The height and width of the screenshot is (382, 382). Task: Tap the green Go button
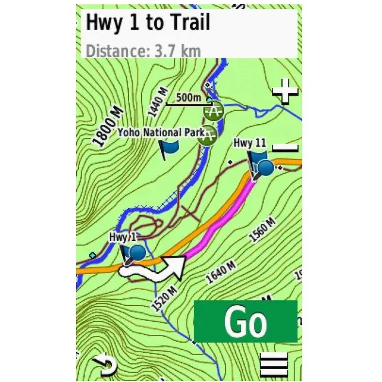click(x=245, y=321)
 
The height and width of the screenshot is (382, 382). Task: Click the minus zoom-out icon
click(x=285, y=148)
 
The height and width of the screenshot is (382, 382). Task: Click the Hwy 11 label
click(x=250, y=143)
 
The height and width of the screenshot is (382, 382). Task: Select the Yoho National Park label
click(x=161, y=132)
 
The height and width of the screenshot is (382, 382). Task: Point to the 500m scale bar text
click(x=188, y=97)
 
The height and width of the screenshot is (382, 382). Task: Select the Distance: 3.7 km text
click(x=143, y=51)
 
